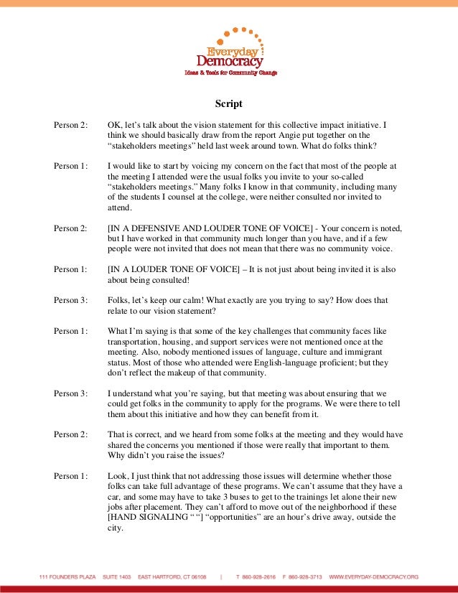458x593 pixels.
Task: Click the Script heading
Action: (229, 104)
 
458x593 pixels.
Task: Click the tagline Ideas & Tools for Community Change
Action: (230, 73)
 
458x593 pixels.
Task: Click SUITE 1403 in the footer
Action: (118, 576)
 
